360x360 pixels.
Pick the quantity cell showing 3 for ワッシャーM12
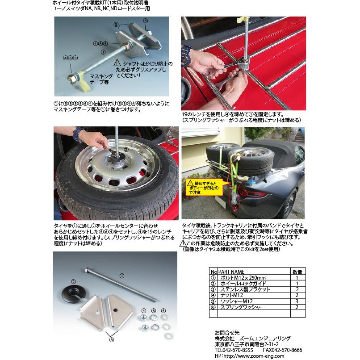(297, 301)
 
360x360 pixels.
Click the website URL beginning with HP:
(245, 356)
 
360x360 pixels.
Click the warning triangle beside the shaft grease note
(118, 64)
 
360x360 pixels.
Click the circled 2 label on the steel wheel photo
(126, 151)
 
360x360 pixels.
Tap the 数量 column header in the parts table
(297, 272)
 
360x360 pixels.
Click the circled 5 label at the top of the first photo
(145, 21)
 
